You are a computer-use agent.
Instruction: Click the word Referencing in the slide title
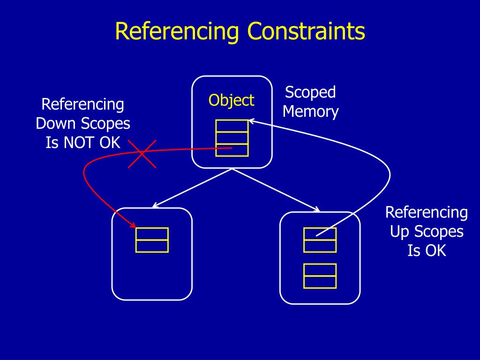[178, 32]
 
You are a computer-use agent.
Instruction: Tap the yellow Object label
[232, 100]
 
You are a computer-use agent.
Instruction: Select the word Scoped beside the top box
[310, 92]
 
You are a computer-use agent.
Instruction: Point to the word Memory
[310, 112]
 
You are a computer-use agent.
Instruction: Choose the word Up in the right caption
[400, 232]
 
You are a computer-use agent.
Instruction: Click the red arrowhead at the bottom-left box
[132, 225]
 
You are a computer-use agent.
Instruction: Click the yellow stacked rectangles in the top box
[232, 138]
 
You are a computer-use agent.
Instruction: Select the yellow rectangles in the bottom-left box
[152, 240]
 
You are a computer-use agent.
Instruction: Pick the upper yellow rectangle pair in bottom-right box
[320, 240]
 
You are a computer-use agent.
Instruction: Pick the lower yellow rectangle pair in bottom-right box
[320, 276]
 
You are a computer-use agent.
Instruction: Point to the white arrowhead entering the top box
[251, 121]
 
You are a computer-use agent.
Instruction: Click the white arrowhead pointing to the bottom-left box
[155, 206]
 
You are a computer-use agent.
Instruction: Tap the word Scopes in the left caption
[106, 123]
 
